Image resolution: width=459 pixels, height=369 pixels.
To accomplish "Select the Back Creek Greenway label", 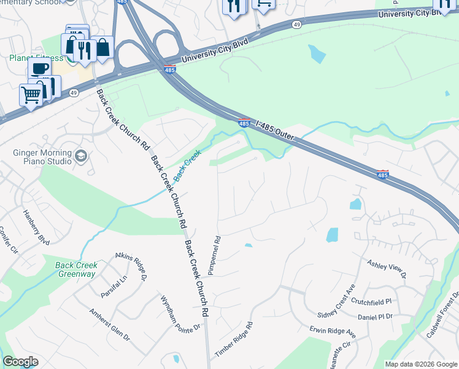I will click(x=76, y=269).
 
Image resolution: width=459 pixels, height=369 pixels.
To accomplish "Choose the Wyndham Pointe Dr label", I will click(x=180, y=314).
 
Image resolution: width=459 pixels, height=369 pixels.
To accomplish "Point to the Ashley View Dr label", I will click(x=387, y=269).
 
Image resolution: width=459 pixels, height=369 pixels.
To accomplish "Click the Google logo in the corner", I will click(x=20, y=362).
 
